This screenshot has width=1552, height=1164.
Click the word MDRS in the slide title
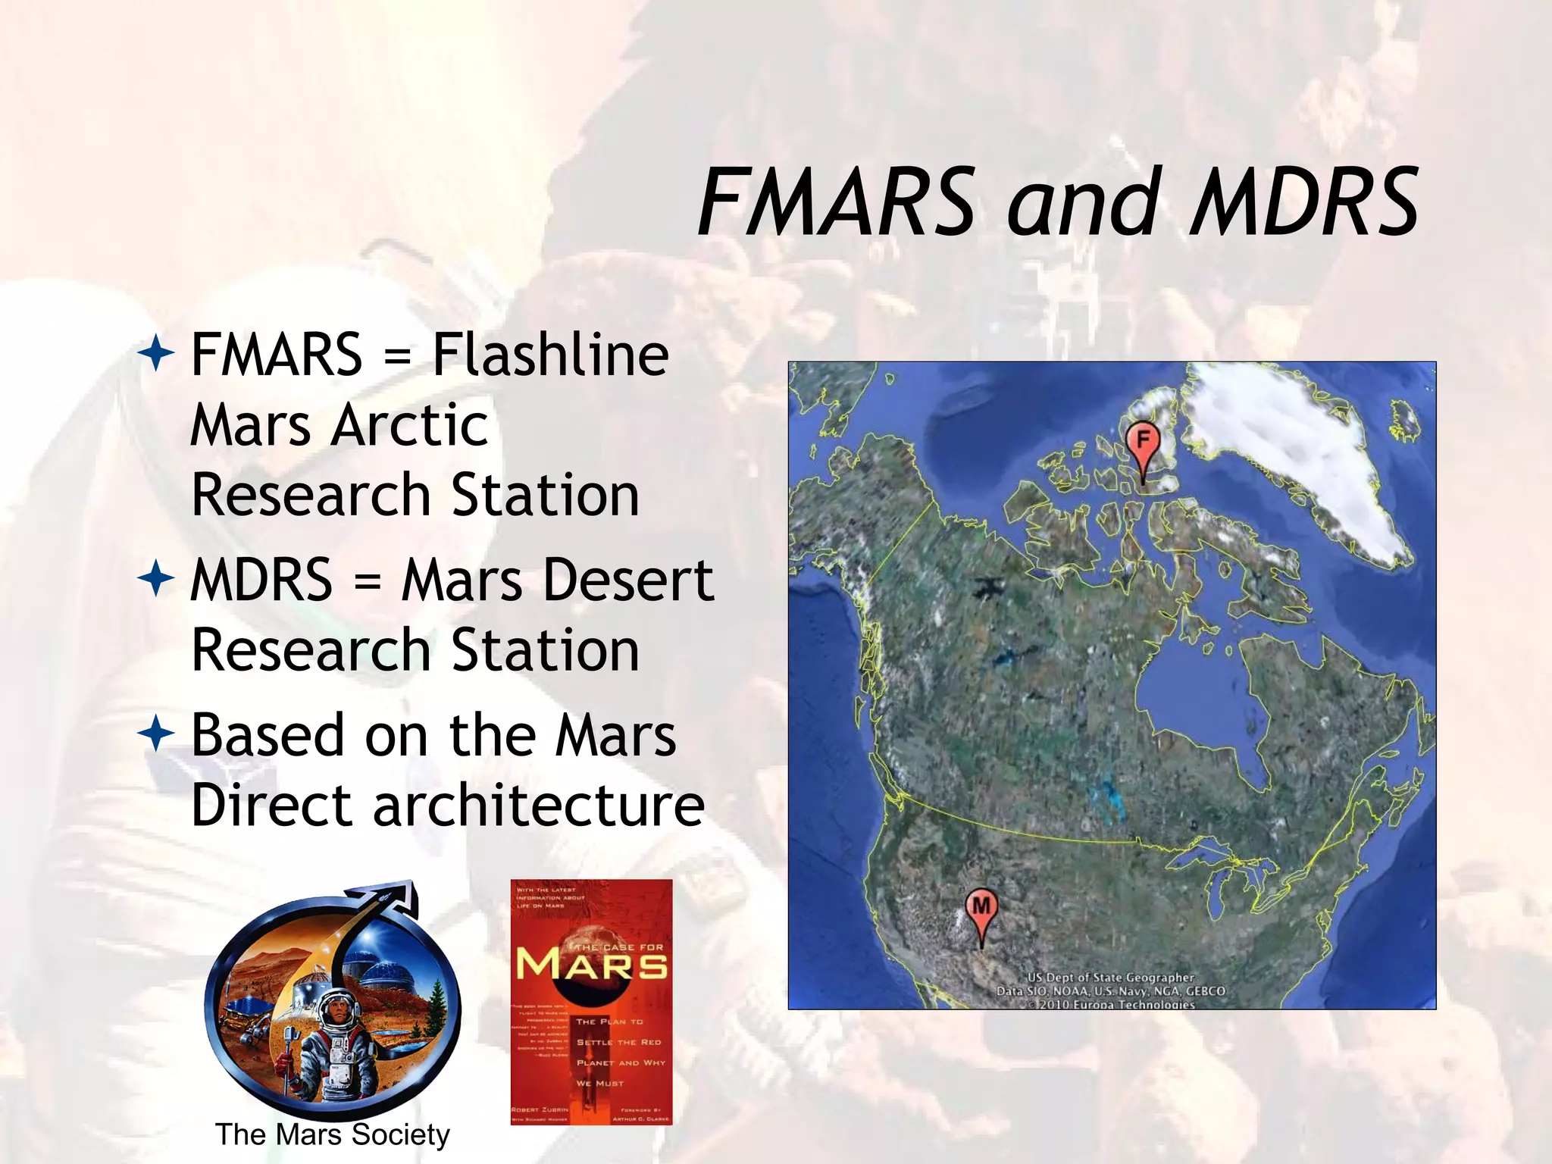tap(1303, 202)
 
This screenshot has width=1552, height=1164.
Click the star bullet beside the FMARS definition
tap(157, 353)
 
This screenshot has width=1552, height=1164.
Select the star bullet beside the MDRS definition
tap(157, 580)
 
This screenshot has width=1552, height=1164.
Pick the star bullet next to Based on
tap(157, 734)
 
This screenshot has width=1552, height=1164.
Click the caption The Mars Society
tap(332, 1134)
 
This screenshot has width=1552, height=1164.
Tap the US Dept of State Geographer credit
tap(1110, 978)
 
